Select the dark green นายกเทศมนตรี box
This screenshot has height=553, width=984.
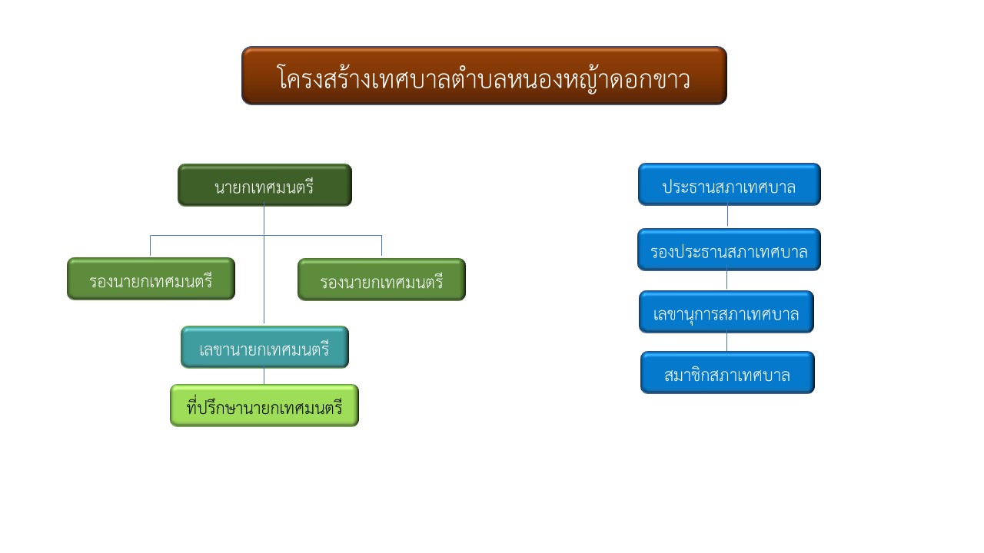pos(264,185)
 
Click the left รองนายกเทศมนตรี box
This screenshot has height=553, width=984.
pos(151,279)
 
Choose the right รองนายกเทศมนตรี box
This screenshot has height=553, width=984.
pos(381,280)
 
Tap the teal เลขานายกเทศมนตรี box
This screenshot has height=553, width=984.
pos(264,347)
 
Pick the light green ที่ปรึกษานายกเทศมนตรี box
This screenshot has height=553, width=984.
pos(264,406)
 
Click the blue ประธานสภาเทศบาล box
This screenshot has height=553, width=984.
pos(730,184)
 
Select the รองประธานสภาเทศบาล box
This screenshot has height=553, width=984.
pos(729,250)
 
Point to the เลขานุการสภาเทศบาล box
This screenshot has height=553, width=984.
pos(726,312)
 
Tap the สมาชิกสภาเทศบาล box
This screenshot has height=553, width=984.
pos(727,373)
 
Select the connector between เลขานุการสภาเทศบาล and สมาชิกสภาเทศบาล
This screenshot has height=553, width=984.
pos(726,341)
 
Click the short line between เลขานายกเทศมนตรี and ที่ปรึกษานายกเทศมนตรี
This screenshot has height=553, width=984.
pos(264,376)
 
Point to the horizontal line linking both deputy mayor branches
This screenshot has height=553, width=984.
pos(266,236)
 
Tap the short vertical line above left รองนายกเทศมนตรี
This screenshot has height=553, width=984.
pos(150,246)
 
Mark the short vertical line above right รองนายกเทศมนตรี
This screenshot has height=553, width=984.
pos(382,246)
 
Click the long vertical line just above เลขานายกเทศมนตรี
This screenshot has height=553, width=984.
pos(264,280)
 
